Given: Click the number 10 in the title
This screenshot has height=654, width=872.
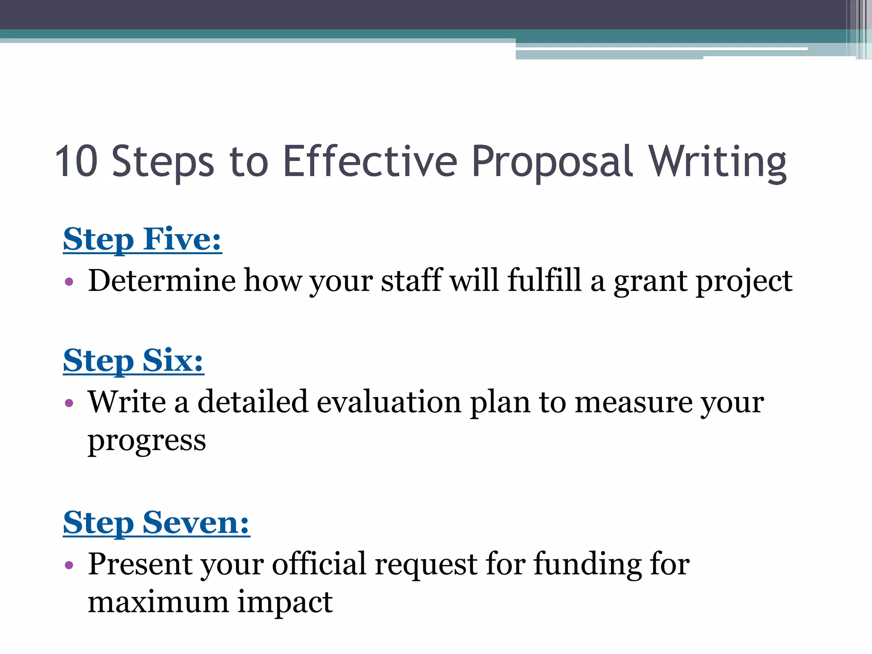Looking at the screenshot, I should (x=77, y=161).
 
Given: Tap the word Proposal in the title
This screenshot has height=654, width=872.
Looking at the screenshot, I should (x=552, y=162).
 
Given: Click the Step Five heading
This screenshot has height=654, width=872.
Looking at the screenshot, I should (x=142, y=239).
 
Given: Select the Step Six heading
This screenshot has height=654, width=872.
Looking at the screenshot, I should (x=133, y=360).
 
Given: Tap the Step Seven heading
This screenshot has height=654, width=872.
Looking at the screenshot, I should (x=156, y=522).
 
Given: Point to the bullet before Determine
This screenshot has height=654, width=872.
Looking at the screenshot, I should (x=69, y=281).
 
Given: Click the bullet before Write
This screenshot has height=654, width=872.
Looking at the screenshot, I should (x=69, y=402).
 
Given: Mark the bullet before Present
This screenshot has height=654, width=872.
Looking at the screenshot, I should (x=69, y=565).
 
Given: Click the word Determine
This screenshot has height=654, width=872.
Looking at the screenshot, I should (x=162, y=281).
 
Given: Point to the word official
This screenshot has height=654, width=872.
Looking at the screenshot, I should (x=319, y=564).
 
